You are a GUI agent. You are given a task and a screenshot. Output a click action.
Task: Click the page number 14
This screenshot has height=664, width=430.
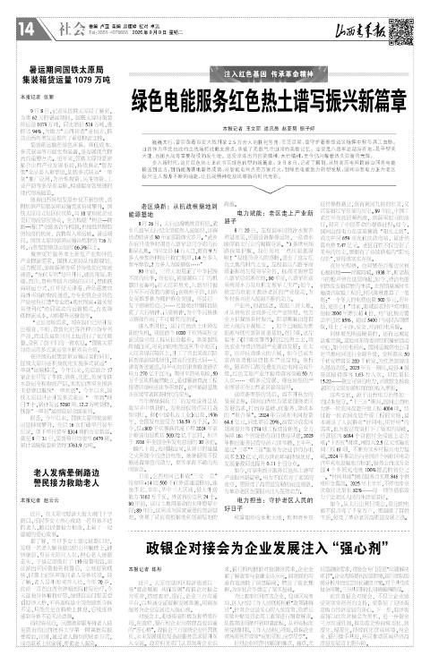pos(21,30)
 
